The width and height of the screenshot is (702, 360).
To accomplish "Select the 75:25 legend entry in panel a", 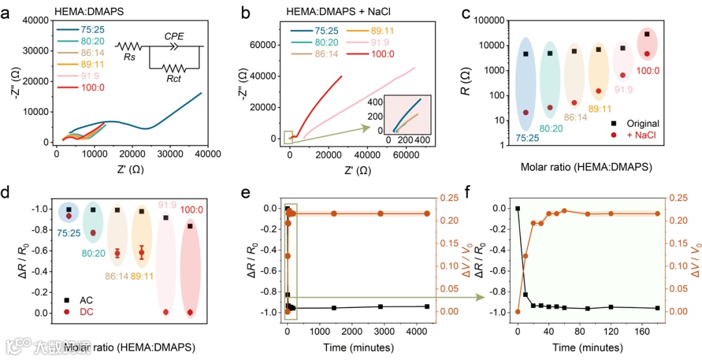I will click(94, 29).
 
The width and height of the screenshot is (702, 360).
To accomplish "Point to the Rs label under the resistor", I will click(129, 57).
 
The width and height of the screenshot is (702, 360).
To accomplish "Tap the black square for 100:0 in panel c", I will click(647, 34).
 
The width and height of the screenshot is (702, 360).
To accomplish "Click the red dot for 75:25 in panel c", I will click(525, 112).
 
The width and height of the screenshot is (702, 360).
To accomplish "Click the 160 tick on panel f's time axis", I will click(640, 331).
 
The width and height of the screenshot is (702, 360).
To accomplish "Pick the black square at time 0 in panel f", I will click(517, 209).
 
